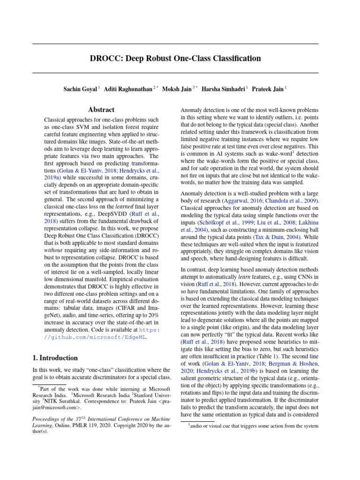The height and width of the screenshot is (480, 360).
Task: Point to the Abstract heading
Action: pos(101,110)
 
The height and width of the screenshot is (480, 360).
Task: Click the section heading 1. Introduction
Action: pos(55,358)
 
